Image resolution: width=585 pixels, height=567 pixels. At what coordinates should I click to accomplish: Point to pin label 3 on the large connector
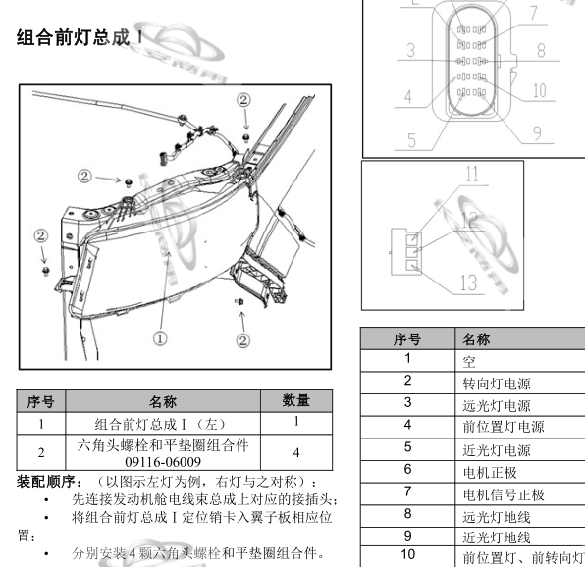click(411, 50)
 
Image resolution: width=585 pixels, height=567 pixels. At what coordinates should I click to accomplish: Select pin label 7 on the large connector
click(532, 14)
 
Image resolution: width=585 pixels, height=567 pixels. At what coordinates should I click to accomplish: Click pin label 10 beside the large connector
click(538, 91)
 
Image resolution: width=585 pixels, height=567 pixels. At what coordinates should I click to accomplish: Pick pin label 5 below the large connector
click(412, 140)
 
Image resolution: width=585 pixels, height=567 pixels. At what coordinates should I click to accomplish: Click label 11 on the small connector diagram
click(472, 175)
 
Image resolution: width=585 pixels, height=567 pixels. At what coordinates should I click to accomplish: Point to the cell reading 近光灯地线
click(496, 538)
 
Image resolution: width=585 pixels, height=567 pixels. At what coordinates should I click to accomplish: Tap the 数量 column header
click(295, 400)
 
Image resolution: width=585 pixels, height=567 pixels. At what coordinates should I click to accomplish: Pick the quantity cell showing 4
click(295, 453)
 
